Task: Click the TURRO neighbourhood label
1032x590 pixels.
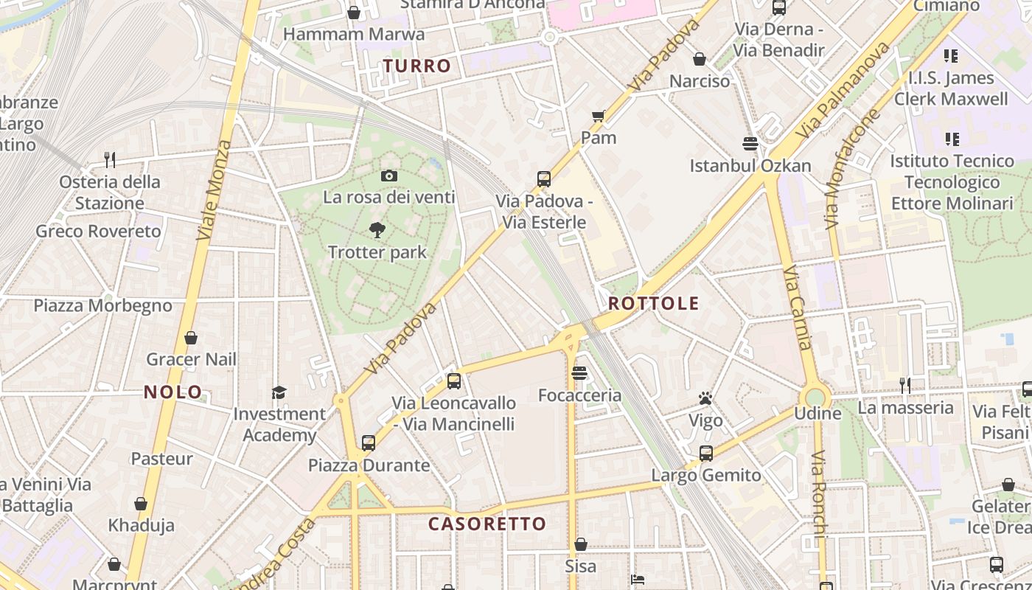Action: coord(417,66)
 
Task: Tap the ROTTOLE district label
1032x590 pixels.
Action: coord(653,303)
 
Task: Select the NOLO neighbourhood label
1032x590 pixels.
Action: coord(173,392)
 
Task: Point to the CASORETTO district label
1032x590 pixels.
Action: coord(487,524)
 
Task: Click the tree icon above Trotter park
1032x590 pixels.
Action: coord(377,229)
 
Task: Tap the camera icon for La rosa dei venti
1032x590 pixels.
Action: coord(389,176)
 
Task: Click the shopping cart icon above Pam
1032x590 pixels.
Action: coord(599,115)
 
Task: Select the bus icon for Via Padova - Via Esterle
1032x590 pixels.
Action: coord(544,178)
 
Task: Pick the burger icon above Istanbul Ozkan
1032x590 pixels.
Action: coord(750,143)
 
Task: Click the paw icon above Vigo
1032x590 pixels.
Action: coord(705,399)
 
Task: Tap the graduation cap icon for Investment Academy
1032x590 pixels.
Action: coord(279,392)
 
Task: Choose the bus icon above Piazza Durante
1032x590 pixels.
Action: coord(369,442)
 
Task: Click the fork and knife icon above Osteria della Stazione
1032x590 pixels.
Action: coord(110,159)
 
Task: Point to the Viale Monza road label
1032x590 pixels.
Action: coord(215,190)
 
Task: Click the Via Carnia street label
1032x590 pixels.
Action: coord(799,308)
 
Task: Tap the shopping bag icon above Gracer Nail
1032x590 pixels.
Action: coord(191,338)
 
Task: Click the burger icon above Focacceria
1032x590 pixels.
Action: coord(579,373)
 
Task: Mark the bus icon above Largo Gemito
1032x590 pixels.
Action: coord(706,453)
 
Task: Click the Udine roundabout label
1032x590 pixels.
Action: coord(817,413)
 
